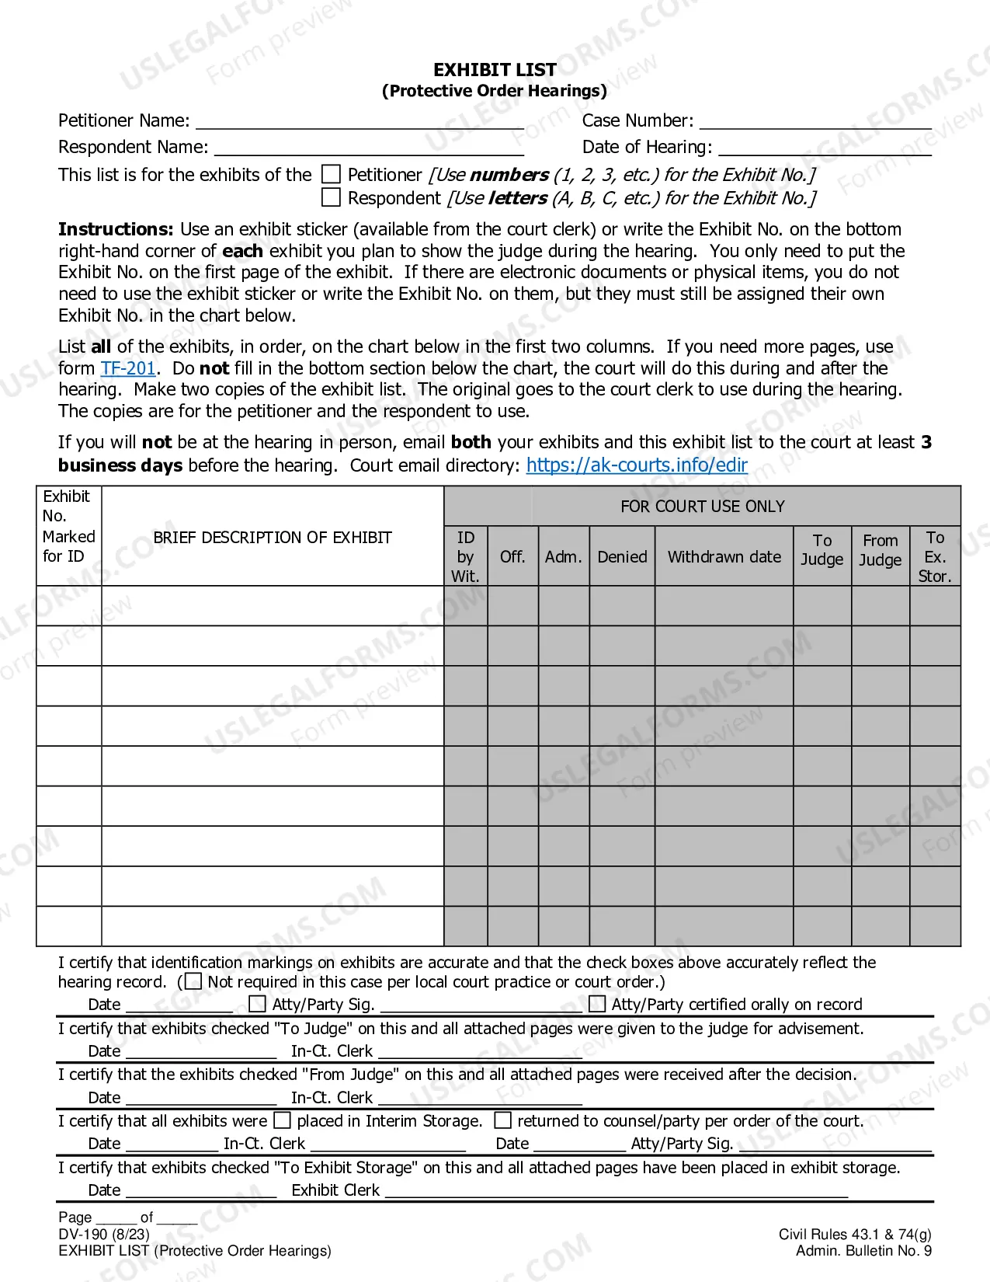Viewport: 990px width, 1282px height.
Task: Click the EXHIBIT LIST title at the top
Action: (495, 70)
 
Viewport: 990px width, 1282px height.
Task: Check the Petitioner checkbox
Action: (332, 174)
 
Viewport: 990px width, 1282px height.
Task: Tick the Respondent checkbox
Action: (332, 197)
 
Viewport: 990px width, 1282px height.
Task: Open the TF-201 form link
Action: (128, 368)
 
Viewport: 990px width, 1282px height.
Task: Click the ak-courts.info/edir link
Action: (637, 465)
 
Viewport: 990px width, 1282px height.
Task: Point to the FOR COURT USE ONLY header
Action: (702, 507)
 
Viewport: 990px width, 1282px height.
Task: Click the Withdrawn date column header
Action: (724, 556)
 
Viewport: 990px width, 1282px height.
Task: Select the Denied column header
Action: (622, 556)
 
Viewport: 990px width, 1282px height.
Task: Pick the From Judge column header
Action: (880, 550)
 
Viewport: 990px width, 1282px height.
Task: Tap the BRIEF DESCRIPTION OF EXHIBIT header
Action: (272, 537)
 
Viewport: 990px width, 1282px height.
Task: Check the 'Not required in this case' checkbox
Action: (193, 981)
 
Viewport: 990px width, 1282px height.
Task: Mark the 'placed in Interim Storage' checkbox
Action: (283, 1120)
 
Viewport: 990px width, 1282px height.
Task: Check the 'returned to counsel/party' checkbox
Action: (503, 1120)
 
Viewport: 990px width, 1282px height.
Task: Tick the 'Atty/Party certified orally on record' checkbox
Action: (597, 1004)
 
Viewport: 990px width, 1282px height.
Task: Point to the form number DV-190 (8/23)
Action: (103, 1234)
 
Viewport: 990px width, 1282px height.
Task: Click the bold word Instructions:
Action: (116, 229)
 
